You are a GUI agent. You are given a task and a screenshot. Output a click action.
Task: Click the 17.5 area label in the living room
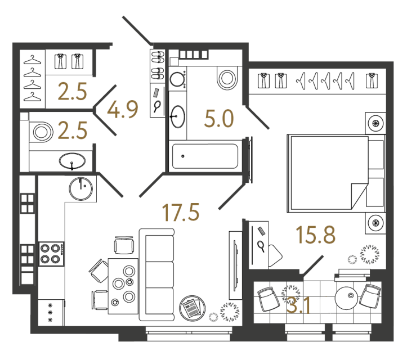point(181,213)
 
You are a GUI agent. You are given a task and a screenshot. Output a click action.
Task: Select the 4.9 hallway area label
point(123,110)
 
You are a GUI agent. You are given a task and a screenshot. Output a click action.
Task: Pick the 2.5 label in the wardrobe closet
point(73,91)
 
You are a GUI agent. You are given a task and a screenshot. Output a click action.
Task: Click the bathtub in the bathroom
point(205,156)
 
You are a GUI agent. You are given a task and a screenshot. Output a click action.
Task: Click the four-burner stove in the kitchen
point(51,253)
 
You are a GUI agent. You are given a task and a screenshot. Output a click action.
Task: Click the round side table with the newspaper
point(190,308)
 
